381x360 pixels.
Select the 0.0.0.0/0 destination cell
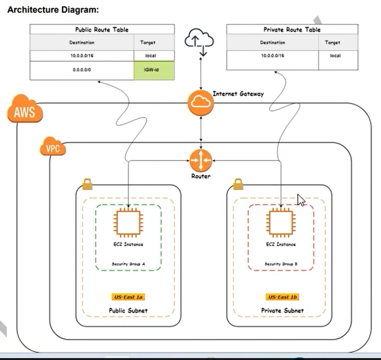(x=82, y=70)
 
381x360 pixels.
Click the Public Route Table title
(x=102, y=30)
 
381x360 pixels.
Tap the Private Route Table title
(x=292, y=30)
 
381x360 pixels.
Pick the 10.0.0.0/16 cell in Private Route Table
(x=272, y=56)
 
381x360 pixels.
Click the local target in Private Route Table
(x=335, y=56)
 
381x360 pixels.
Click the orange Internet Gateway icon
(x=201, y=102)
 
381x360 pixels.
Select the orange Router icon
(x=201, y=161)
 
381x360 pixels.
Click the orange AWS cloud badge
(x=25, y=110)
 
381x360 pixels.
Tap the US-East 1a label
(x=128, y=297)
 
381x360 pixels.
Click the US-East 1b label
(x=282, y=297)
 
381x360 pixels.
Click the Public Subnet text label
(x=128, y=310)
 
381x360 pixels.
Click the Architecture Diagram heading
(x=53, y=9)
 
